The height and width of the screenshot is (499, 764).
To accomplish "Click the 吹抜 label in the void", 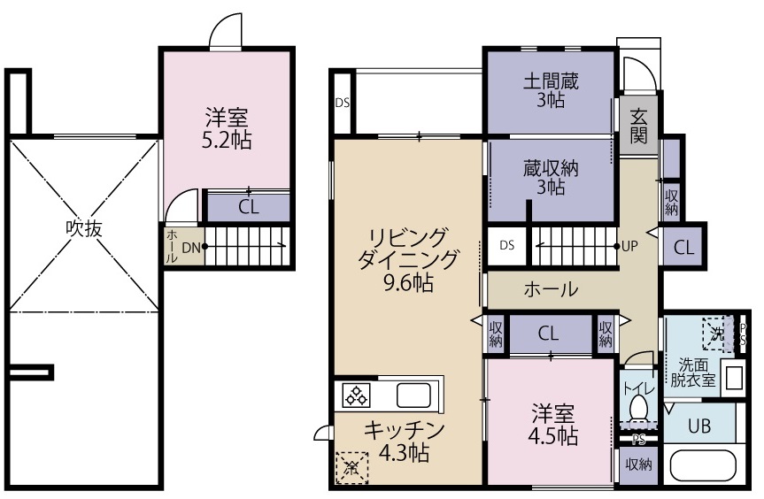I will tap(84, 228).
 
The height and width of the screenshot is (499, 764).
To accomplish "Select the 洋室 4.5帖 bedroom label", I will tap(553, 424).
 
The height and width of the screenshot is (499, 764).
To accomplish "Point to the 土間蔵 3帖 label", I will tap(551, 90).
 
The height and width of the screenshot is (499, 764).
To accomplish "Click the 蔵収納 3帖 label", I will tap(550, 177).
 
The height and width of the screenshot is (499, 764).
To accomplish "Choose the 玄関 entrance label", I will tap(638, 126).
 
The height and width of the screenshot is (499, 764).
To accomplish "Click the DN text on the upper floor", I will tap(191, 248).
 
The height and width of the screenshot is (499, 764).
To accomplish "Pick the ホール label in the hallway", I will tap(551, 288).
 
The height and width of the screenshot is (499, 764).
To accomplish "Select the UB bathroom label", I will tap(699, 426).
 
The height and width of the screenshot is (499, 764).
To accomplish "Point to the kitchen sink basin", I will tap(413, 394).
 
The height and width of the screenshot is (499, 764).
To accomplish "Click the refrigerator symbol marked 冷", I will tap(351, 466).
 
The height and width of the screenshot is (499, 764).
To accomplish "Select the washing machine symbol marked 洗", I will tap(714, 334).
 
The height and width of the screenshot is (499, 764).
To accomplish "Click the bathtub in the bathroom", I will tap(703, 464).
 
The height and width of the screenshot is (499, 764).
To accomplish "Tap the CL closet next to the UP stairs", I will tap(683, 247).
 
